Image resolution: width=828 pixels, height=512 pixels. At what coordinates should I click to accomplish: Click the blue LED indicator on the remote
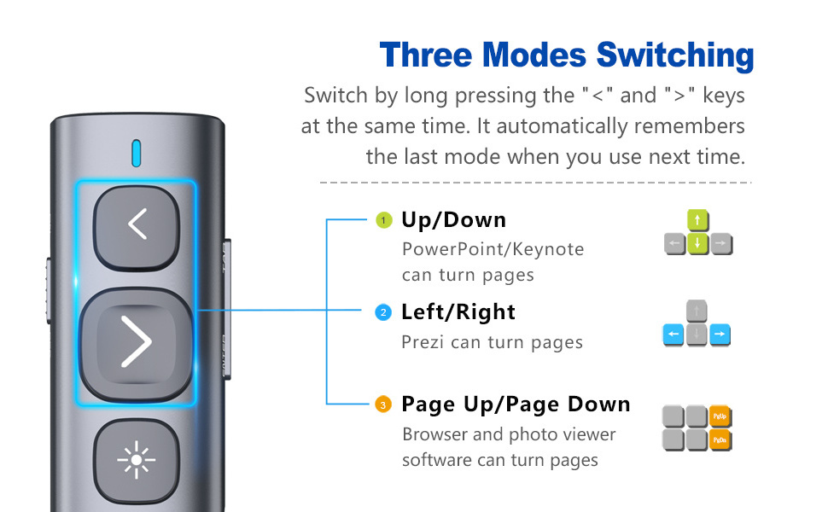pyautogui.click(x=137, y=153)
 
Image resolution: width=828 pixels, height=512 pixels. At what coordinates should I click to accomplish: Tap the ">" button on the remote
pyautogui.click(x=137, y=343)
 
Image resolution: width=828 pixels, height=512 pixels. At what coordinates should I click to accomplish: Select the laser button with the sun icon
pyautogui.click(x=137, y=460)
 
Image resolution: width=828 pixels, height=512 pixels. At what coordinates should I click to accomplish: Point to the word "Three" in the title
pyautogui.click(x=425, y=55)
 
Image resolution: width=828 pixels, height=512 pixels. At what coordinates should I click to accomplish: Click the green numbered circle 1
pyautogui.click(x=384, y=220)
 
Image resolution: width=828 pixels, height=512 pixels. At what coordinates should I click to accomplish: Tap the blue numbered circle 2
pyautogui.click(x=383, y=312)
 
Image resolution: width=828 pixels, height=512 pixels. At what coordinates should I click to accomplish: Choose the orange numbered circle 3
pyautogui.click(x=383, y=404)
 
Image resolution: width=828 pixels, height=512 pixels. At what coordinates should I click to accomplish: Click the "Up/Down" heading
pyautogui.click(x=453, y=220)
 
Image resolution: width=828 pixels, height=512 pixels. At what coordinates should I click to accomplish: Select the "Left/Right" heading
pyautogui.click(x=458, y=312)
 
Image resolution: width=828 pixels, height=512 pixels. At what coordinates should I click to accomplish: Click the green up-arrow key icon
pyautogui.click(x=697, y=220)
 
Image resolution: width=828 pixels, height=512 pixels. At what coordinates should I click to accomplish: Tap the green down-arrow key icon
pyautogui.click(x=697, y=243)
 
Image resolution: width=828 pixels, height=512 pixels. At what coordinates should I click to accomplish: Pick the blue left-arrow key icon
pyautogui.click(x=673, y=335)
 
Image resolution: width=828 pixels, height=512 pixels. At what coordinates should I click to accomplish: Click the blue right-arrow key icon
pyautogui.click(x=720, y=335)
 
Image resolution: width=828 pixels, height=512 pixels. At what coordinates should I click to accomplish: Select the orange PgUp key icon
pyautogui.click(x=720, y=416)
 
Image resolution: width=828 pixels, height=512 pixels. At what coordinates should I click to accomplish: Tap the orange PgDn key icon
pyautogui.click(x=720, y=439)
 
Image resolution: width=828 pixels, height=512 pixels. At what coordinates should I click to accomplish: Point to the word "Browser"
pyautogui.click(x=435, y=434)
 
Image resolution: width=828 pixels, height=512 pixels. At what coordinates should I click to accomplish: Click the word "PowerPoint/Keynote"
pyautogui.click(x=493, y=249)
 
